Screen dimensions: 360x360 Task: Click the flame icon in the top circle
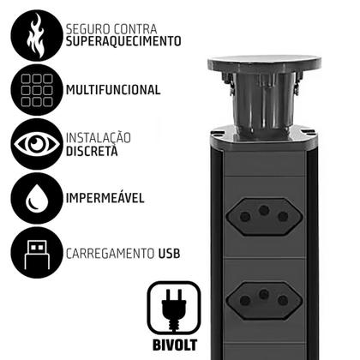coord(31,32)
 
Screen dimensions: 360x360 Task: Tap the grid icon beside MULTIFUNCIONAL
coord(31,88)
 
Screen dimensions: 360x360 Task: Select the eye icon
coord(31,143)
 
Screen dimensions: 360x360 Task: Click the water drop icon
coord(31,199)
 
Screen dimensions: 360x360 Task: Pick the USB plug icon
coord(31,255)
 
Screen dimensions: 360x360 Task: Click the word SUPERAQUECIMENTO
coord(123,40)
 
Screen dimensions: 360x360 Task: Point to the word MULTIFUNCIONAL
coord(112,89)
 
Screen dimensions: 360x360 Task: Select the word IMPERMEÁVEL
coord(105,199)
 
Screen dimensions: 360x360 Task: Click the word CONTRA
coord(135,26)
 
